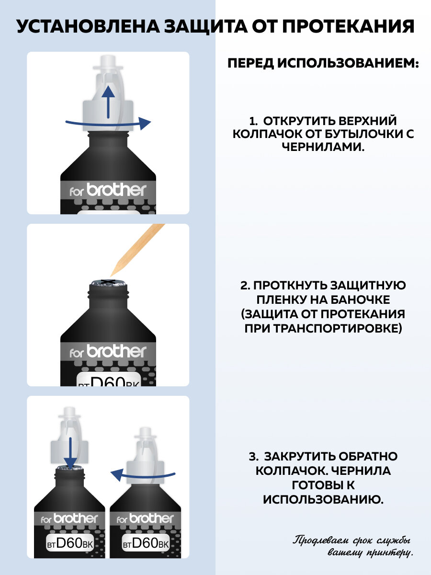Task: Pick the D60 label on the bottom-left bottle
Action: tap(70, 543)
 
